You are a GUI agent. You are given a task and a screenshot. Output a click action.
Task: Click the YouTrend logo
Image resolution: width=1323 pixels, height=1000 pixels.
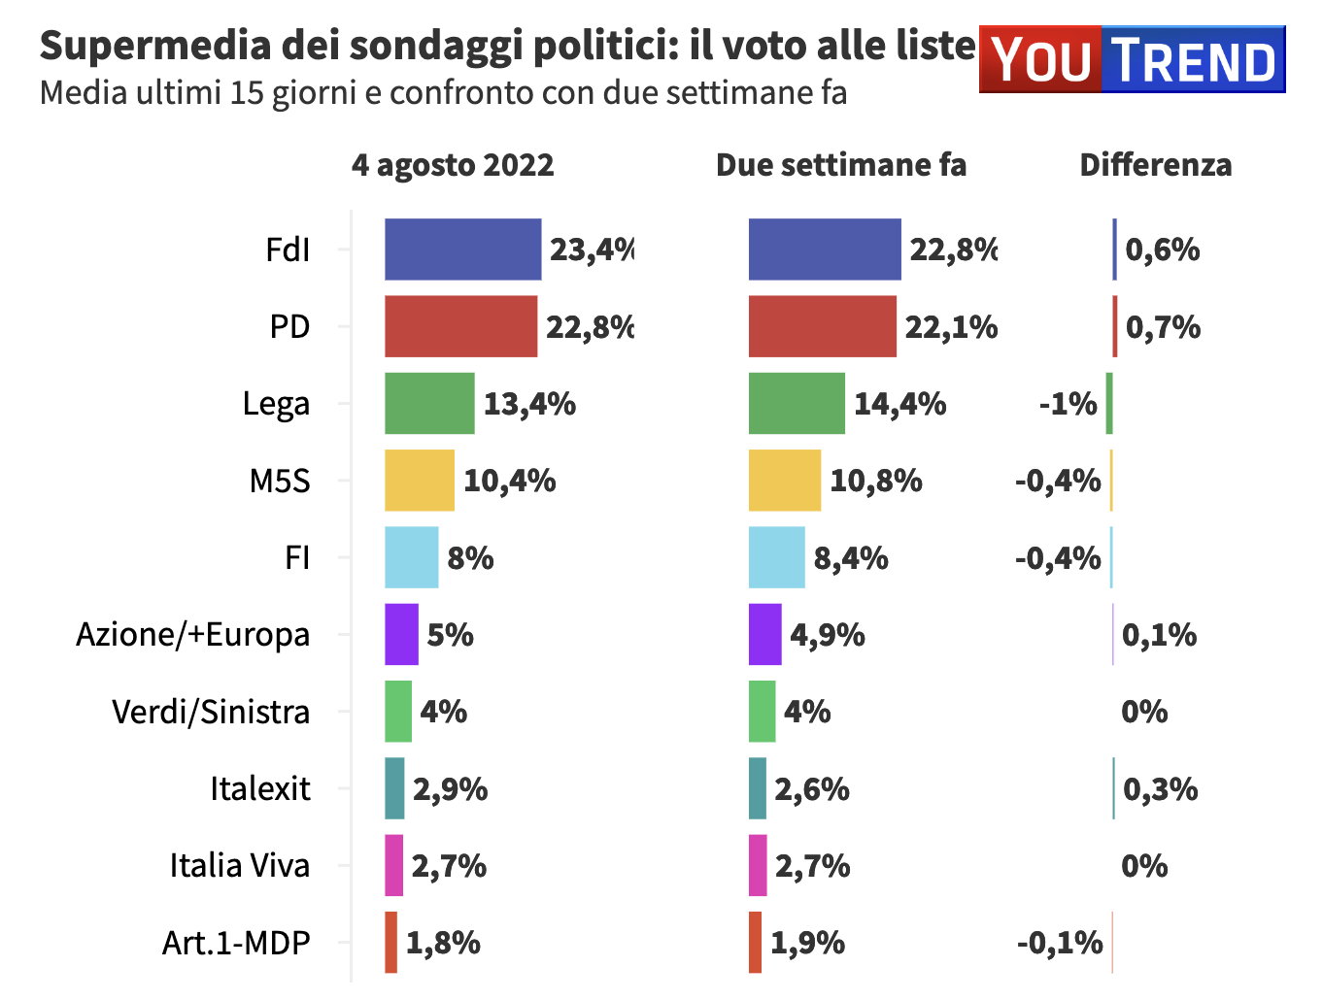(1132, 59)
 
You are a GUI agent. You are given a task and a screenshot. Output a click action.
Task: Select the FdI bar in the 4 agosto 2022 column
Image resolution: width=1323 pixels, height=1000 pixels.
(462, 250)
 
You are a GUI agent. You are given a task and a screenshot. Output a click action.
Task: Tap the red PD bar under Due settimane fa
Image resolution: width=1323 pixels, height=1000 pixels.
(822, 326)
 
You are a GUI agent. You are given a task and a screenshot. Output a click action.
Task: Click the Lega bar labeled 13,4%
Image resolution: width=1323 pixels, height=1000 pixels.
(429, 403)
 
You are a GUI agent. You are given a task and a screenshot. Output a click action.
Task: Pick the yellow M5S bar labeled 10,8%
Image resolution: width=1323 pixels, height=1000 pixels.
(784, 481)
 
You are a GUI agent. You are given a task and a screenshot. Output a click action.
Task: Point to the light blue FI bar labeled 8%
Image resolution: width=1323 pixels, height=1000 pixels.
(411, 557)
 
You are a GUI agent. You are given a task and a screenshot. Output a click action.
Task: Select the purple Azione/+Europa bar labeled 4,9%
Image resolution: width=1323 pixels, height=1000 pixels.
(764, 635)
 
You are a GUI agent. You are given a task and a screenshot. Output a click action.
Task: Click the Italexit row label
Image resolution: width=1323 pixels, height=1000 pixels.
(260, 788)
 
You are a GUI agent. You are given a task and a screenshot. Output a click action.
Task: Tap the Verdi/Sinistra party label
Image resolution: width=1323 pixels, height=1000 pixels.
(211, 712)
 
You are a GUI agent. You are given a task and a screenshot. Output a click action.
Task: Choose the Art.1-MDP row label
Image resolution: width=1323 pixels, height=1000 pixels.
(236, 943)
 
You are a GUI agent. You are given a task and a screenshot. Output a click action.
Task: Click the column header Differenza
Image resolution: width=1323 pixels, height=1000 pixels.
(1155, 165)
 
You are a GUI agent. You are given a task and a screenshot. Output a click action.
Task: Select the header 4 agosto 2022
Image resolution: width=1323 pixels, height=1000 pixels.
(453, 165)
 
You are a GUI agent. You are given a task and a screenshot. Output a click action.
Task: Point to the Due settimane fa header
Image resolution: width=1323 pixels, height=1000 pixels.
(841, 165)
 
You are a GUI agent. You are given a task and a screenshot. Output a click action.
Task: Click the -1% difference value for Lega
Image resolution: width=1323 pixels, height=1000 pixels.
(1068, 403)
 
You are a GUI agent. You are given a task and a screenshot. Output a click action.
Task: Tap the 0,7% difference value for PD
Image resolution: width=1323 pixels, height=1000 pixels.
(1163, 327)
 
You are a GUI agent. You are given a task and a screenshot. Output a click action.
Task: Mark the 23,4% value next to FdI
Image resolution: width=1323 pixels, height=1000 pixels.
(592, 250)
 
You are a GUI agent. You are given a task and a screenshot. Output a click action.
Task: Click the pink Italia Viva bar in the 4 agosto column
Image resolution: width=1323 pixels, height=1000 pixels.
(393, 865)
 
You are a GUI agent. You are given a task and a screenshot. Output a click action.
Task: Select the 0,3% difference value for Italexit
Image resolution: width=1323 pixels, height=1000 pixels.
(1160, 789)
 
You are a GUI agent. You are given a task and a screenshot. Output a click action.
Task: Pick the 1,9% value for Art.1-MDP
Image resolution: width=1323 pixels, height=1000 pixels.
(807, 943)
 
